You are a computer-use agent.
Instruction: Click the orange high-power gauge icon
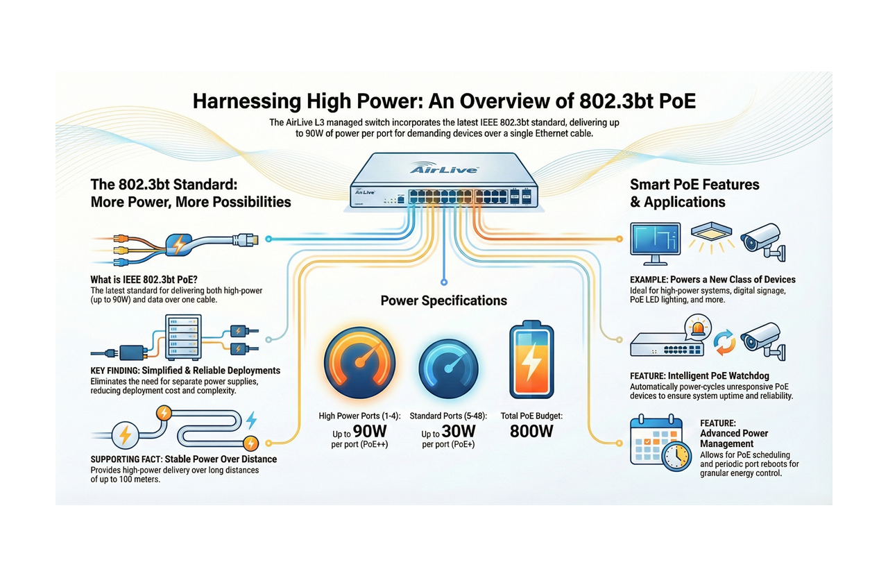click(359, 363)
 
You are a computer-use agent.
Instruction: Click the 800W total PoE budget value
click(531, 431)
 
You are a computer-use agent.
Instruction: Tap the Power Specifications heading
click(444, 300)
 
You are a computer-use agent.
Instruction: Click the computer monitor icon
click(655, 243)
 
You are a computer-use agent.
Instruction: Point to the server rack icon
click(183, 335)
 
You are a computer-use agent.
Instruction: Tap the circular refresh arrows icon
click(724, 341)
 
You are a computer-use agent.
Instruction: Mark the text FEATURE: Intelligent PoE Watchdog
click(699, 375)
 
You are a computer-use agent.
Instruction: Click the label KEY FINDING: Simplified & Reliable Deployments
click(185, 371)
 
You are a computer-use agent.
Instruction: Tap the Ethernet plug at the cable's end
click(248, 239)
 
